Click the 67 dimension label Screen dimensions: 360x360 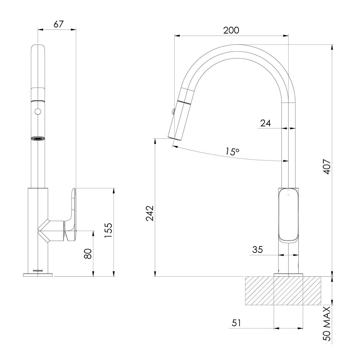[59, 24]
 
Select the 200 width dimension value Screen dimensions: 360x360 [231, 30]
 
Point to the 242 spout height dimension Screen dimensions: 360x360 [150, 213]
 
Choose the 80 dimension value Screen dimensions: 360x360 [88, 254]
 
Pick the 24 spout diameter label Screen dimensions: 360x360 [265, 123]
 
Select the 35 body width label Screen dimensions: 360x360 [257, 250]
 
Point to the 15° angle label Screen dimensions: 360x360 [232, 151]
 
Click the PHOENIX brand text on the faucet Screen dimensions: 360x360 [38, 270]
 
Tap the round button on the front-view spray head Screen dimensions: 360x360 [38, 111]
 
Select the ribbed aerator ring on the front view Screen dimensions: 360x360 [38, 139]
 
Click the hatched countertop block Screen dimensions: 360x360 [283, 291]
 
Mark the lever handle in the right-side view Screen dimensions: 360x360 [289, 214]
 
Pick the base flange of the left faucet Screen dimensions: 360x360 [38, 274]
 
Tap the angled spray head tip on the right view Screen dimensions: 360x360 [175, 136]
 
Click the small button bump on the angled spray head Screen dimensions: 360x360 [172, 112]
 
